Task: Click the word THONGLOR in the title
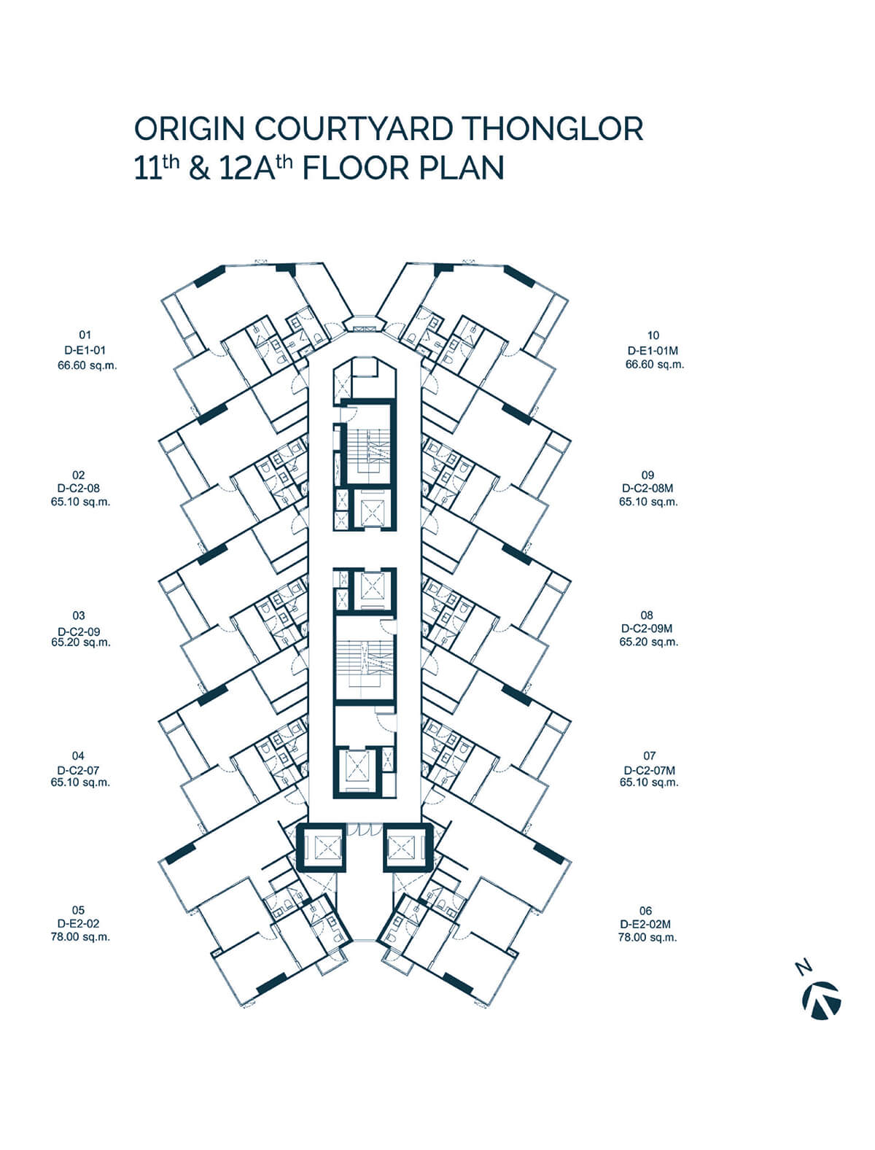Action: [553, 128]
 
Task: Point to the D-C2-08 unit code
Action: [79, 488]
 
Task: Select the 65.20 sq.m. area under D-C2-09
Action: [81, 642]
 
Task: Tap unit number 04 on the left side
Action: [78, 755]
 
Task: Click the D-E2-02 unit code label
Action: [79, 923]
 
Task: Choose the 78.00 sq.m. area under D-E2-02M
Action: [647, 937]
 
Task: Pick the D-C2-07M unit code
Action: [649, 770]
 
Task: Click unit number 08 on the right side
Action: [647, 615]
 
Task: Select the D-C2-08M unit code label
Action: [647, 489]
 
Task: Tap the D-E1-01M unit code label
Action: [653, 350]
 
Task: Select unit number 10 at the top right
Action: [653, 335]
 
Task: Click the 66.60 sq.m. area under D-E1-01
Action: [87, 365]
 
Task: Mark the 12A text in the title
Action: [247, 168]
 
